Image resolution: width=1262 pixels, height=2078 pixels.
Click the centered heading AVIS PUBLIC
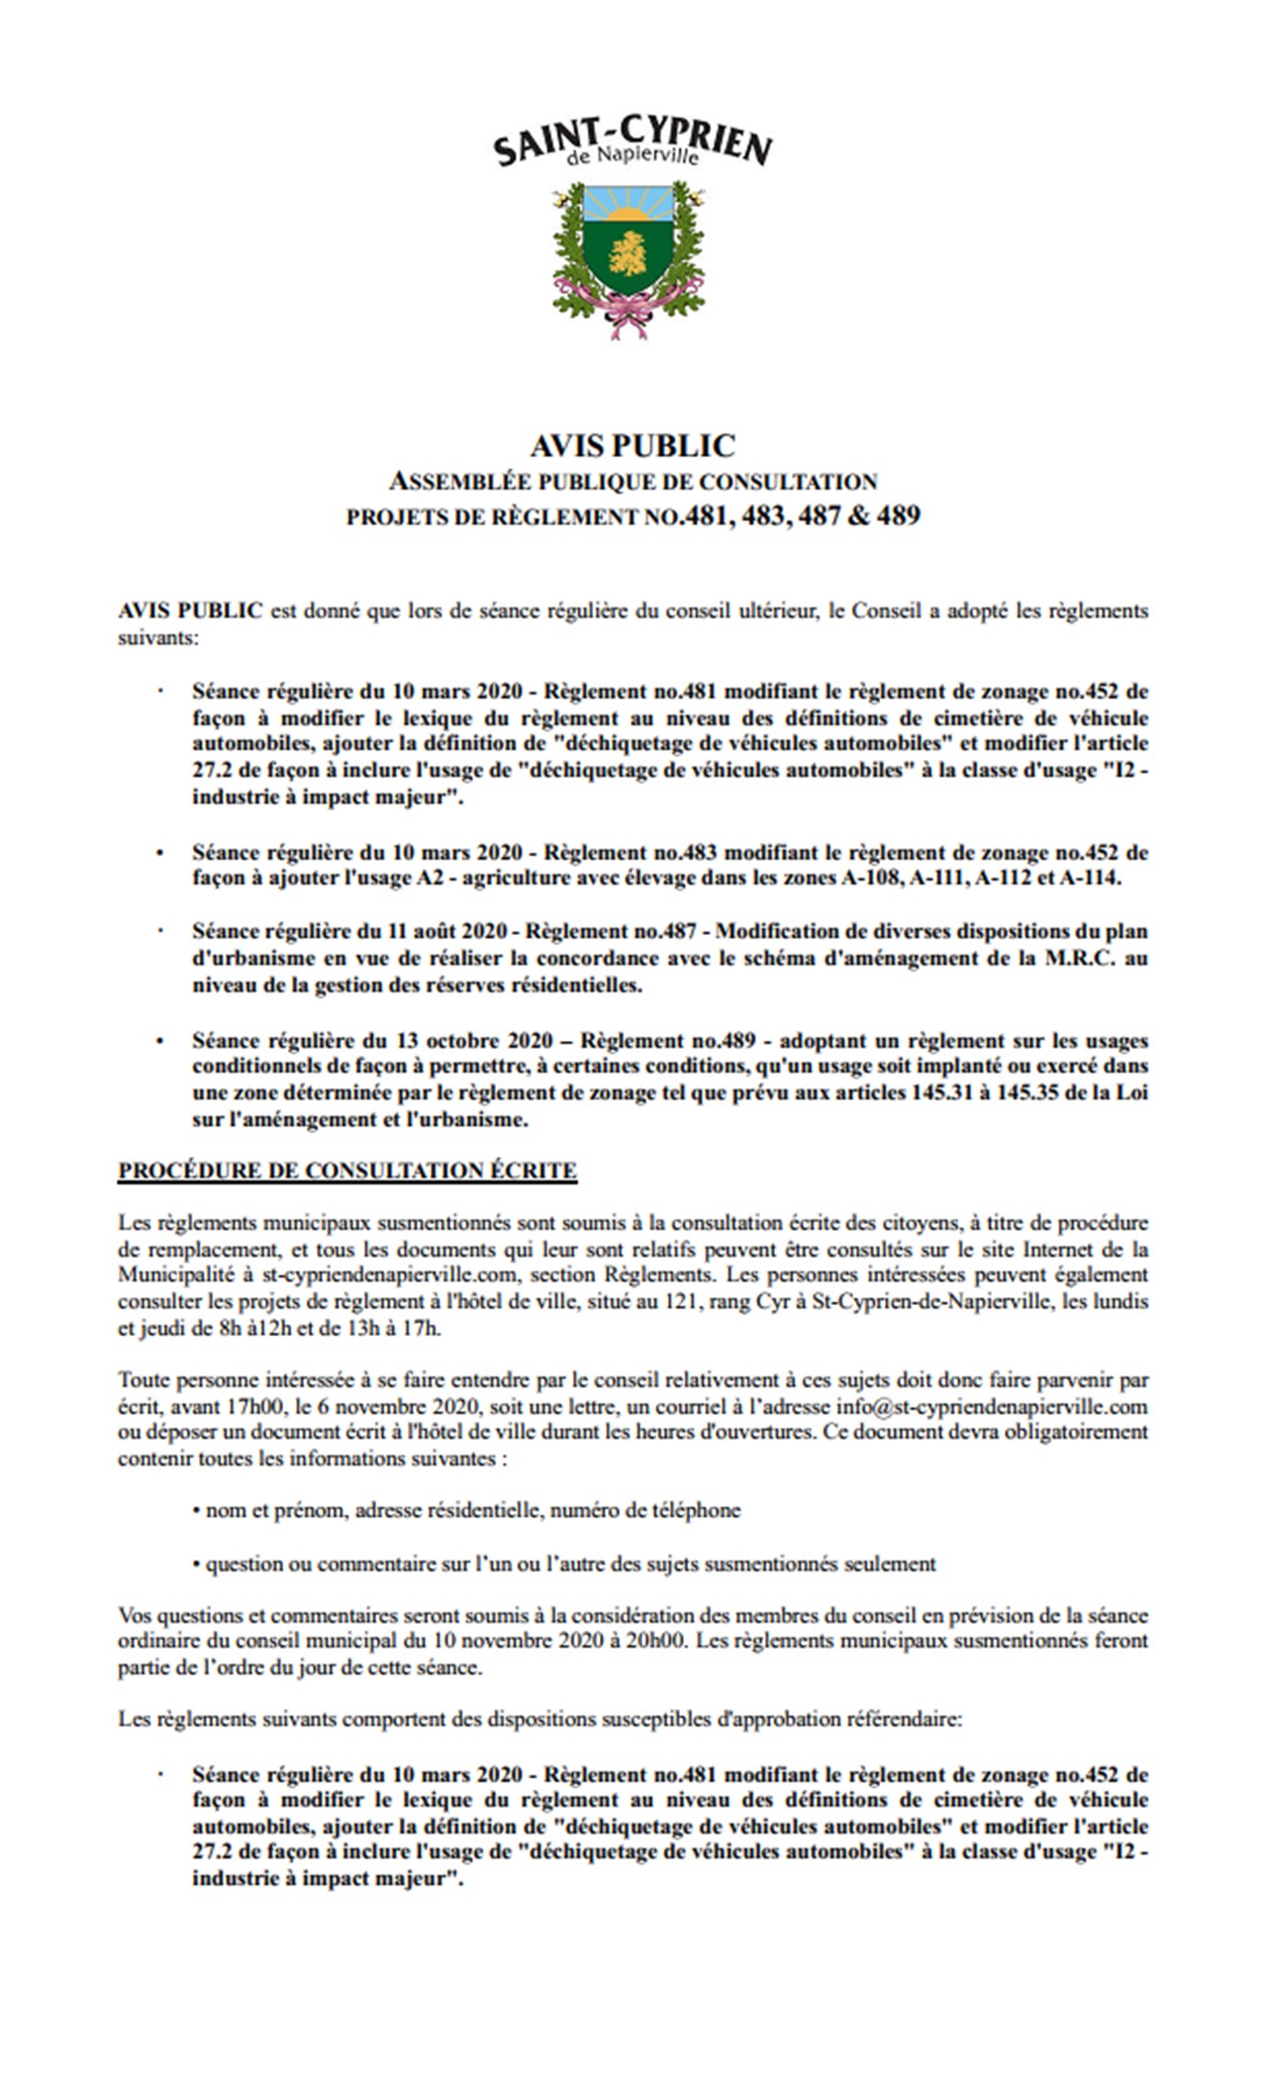(631, 446)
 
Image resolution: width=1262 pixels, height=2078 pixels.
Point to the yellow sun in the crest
(630, 212)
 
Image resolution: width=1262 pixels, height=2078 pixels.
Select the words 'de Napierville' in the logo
(632, 157)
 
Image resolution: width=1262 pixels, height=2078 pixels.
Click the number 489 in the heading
(898, 516)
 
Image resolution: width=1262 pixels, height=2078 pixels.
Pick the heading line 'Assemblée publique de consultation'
(631, 482)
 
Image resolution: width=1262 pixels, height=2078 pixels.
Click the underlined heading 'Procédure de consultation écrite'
(347, 1171)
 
